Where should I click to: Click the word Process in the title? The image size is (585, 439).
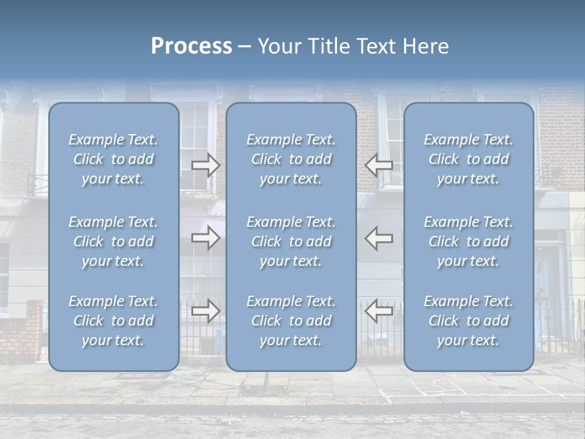(191, 46)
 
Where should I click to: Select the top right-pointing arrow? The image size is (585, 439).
(205, 165)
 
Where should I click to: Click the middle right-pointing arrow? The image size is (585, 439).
(205, 238)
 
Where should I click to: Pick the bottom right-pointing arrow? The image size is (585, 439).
(205, 311)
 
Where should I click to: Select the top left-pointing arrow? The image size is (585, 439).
(379, 165)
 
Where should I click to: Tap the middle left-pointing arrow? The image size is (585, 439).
(379, 238)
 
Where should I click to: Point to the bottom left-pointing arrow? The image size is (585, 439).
(379, 311)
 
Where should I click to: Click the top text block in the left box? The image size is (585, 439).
(113, 159)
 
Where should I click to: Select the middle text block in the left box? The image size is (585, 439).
(113, 241)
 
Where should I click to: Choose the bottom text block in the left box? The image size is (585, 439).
(113, 321)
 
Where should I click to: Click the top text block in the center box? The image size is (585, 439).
(291, 159)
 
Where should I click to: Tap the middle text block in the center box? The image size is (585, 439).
(291, 241)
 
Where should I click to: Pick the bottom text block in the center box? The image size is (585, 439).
(291, 321)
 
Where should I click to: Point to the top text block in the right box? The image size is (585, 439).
(469, 159)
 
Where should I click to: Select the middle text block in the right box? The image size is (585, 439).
(469, 241)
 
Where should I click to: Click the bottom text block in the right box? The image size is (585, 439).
(469, 321)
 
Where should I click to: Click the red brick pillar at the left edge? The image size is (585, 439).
(24, 329)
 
